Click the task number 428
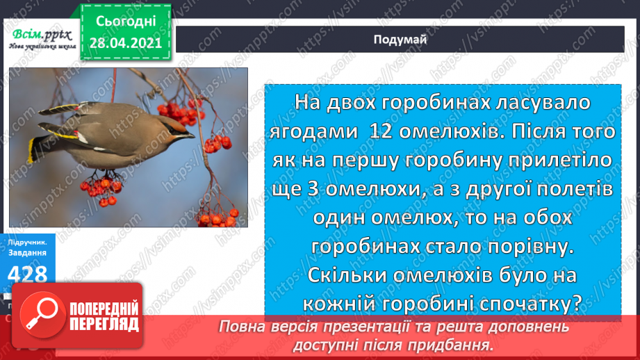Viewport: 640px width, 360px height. point(28,275)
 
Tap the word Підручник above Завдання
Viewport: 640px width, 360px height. point(28,243)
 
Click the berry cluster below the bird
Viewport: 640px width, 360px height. point(101,190)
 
